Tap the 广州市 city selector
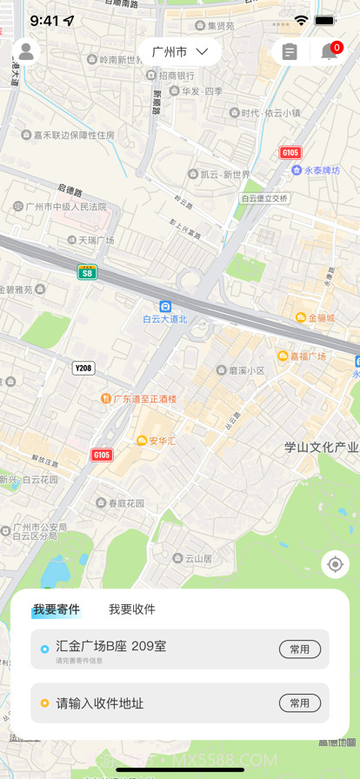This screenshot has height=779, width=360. pos(180,52)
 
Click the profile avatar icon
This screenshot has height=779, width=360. pos(26,52)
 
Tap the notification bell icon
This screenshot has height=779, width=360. pos(330,52)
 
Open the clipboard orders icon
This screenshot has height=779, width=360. pos(290,52)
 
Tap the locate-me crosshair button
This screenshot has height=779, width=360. pos(335,564)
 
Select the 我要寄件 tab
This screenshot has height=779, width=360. pos(57,609)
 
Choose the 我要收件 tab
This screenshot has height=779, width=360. pos(132,609)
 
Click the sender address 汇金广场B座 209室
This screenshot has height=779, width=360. pos(111,646)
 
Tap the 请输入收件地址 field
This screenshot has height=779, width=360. pos(100,703)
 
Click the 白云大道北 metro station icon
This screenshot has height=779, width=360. pos(165,306)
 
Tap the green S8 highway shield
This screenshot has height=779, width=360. pos(86,272)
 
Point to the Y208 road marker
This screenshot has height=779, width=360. pos(83,368)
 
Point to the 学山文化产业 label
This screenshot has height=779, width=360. pos(321,447)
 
